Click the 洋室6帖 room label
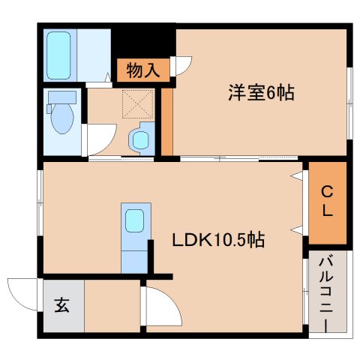coord(260,93)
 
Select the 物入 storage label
coord(142,71)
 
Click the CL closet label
coord(328,202)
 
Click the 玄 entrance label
coord(62,305)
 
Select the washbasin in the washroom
coord(139,139)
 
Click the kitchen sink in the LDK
coord(135,221)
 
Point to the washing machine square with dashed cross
coord(136,104)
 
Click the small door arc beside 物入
coord(182,66)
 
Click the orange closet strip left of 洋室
coord(167,120)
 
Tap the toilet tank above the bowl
coord(62,97)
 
